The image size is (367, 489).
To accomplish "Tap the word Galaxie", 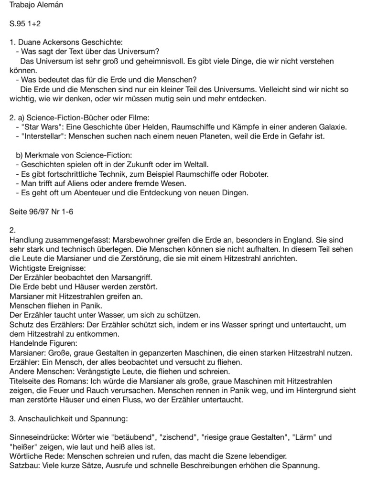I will coord(329,127).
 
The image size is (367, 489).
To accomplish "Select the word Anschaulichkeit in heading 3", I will coord(45,418).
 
